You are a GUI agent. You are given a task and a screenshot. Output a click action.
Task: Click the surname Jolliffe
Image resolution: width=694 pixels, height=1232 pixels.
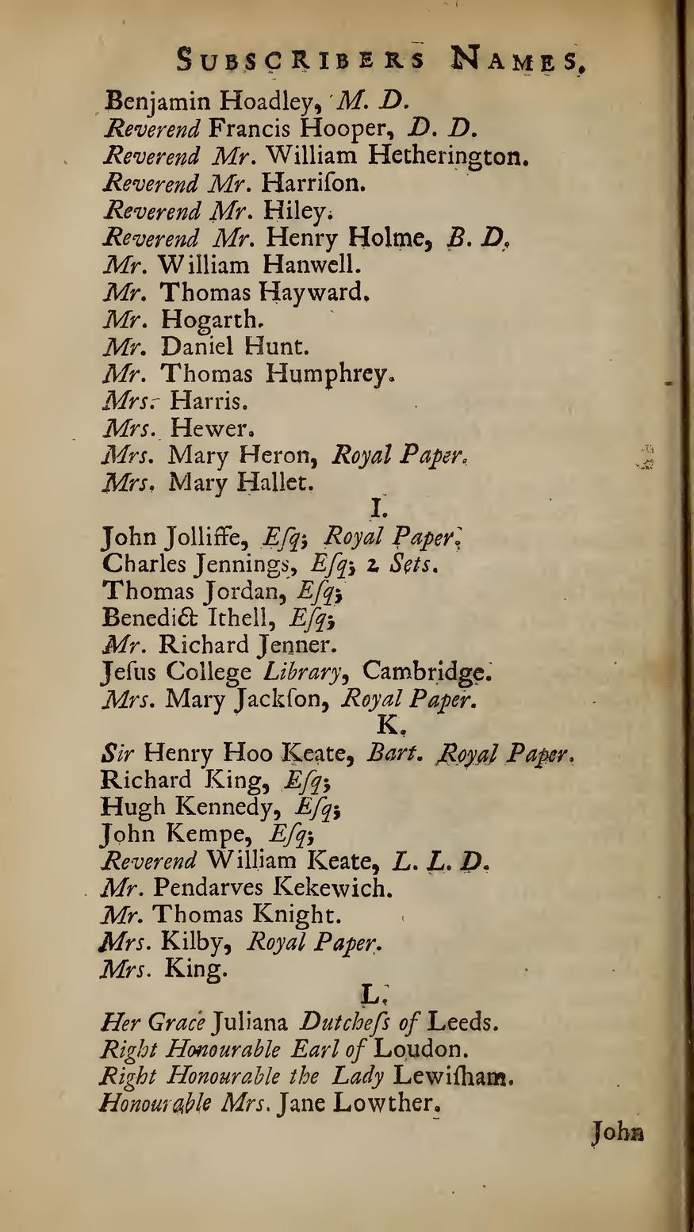coord(207,538)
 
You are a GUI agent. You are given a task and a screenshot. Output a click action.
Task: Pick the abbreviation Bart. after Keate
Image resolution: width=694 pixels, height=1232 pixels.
coord(389,752)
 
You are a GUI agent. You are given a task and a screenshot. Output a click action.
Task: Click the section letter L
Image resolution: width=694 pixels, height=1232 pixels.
coord(369,993)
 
